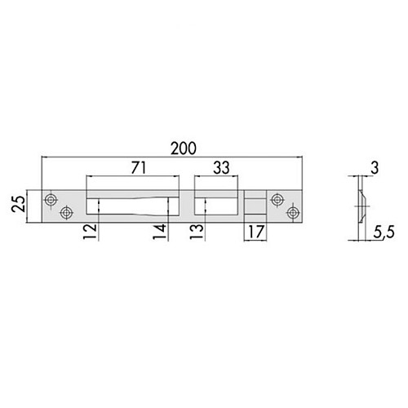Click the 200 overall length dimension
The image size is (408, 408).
coord(184,149)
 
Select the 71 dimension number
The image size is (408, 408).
coord(139,167)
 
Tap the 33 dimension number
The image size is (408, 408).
coord(221,167)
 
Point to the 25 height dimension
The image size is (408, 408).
coord(19,204)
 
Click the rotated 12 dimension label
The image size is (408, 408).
coord(90,232)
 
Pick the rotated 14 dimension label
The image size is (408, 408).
coord(160,232)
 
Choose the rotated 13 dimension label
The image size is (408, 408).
coord(197,232)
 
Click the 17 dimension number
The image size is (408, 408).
coord(255,232)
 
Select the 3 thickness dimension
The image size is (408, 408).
coord(375,168)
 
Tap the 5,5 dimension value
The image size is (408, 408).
coord(384,233)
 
